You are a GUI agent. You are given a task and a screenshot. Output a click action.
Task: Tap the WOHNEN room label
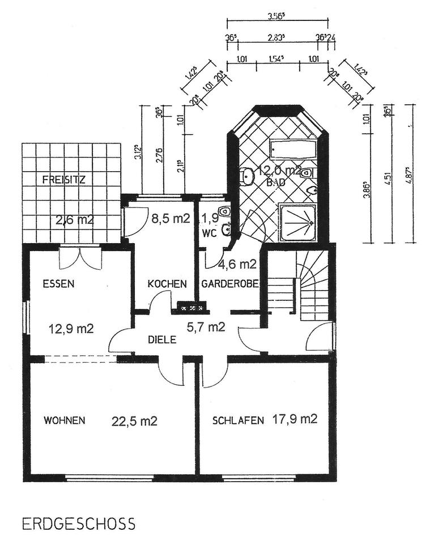65,420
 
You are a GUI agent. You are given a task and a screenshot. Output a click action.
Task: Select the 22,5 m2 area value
134,420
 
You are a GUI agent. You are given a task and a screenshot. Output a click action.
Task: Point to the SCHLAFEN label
238,420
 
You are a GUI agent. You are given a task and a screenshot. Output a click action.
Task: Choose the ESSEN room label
59,284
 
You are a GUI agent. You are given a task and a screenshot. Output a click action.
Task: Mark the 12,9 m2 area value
71,328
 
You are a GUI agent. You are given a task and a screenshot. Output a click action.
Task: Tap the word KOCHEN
167,283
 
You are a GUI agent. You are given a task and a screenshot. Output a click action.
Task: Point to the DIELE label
162,340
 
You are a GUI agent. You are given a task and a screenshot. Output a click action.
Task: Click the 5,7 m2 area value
206,326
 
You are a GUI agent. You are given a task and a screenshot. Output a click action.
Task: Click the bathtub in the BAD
293,150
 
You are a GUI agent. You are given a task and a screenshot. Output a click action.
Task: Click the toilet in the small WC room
225,211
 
